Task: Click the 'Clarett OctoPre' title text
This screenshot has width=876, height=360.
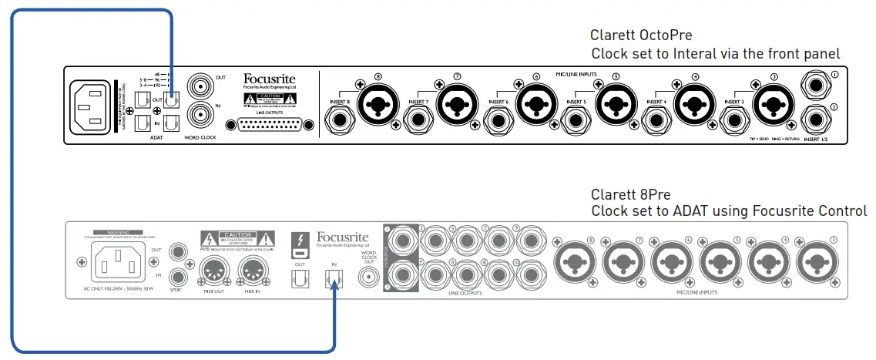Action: click(x=641, y=35)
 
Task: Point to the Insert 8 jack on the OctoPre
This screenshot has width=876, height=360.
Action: click(x=339, y=119)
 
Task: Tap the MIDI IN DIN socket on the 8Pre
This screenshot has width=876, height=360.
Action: click(x=256, y=271)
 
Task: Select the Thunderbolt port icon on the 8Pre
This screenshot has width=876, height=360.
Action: click(x=301, y=243)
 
